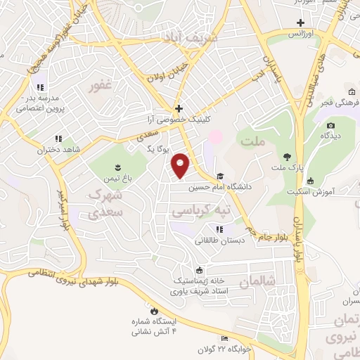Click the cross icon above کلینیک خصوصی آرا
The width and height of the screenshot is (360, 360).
coord(179,109)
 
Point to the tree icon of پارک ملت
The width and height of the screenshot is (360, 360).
coord(286,157)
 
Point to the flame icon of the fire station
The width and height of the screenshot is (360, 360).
coord(153,310)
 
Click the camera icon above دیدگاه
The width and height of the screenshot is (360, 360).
coord(331,126)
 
